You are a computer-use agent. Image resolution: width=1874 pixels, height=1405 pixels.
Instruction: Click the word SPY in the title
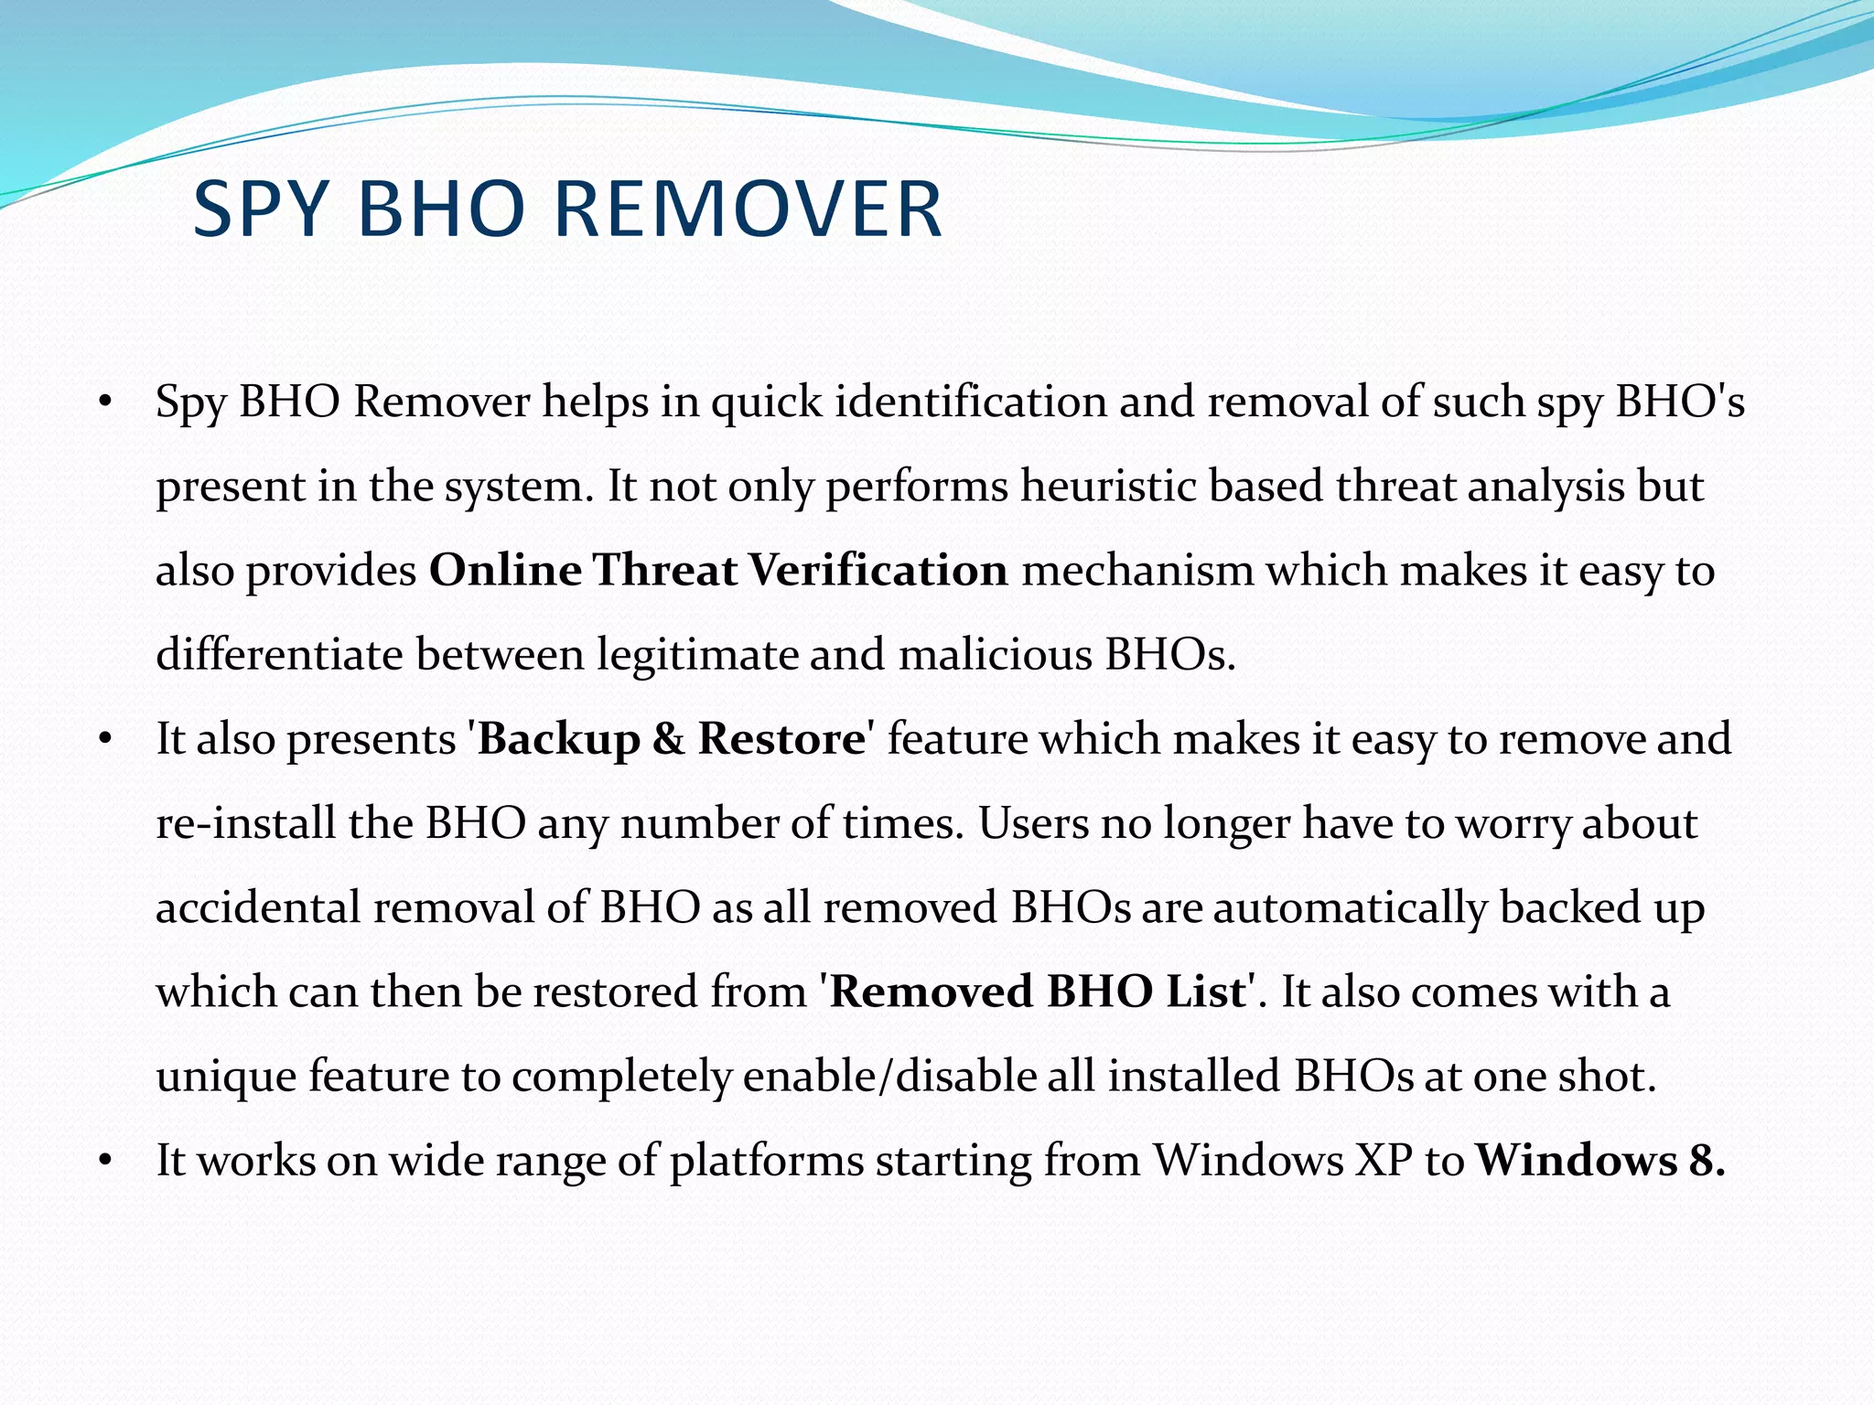[x=260, y=209]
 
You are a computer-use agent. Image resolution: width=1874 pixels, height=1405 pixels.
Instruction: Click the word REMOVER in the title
[x=748, y=209]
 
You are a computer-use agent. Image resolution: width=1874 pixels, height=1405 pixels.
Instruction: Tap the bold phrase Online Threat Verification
[x=718, y=570]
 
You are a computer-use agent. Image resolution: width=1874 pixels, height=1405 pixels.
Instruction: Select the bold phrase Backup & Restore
[x=671, y=739]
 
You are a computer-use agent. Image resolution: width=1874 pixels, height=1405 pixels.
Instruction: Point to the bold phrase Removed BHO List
[x=1039, y=992]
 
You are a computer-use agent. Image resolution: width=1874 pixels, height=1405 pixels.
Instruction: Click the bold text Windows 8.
[x=1600, y=1161]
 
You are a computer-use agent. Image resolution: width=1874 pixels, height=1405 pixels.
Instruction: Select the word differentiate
[x=279, y=655]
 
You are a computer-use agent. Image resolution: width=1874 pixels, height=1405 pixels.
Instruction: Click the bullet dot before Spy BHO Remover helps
[x=106, y=402]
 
